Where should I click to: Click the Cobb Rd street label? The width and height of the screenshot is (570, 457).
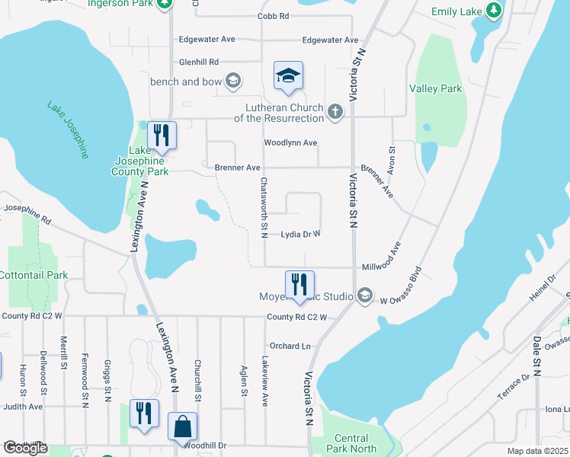[273, 15]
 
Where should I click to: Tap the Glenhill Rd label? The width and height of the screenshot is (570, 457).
[198, 62]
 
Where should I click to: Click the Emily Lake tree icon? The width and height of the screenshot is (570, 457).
[494, 10]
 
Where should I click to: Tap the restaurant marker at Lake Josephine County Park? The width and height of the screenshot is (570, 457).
[162, 136]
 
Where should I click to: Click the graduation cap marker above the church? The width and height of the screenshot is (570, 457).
[289, 75]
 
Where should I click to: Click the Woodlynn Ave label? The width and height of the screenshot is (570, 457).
[290, 142]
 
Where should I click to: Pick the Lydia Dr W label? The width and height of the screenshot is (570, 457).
[300, 235]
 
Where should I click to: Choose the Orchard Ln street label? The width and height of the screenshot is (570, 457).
[290, 346]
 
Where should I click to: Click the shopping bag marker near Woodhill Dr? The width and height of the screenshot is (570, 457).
[183, 427]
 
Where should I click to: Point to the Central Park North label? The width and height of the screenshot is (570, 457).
[351, 443]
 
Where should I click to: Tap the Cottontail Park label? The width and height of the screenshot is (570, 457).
[34, 275]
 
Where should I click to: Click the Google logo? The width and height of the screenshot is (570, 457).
[25, 448]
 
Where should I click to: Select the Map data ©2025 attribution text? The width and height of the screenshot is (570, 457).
[536, 451]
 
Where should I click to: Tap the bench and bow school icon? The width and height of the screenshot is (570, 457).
[233, 81]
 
